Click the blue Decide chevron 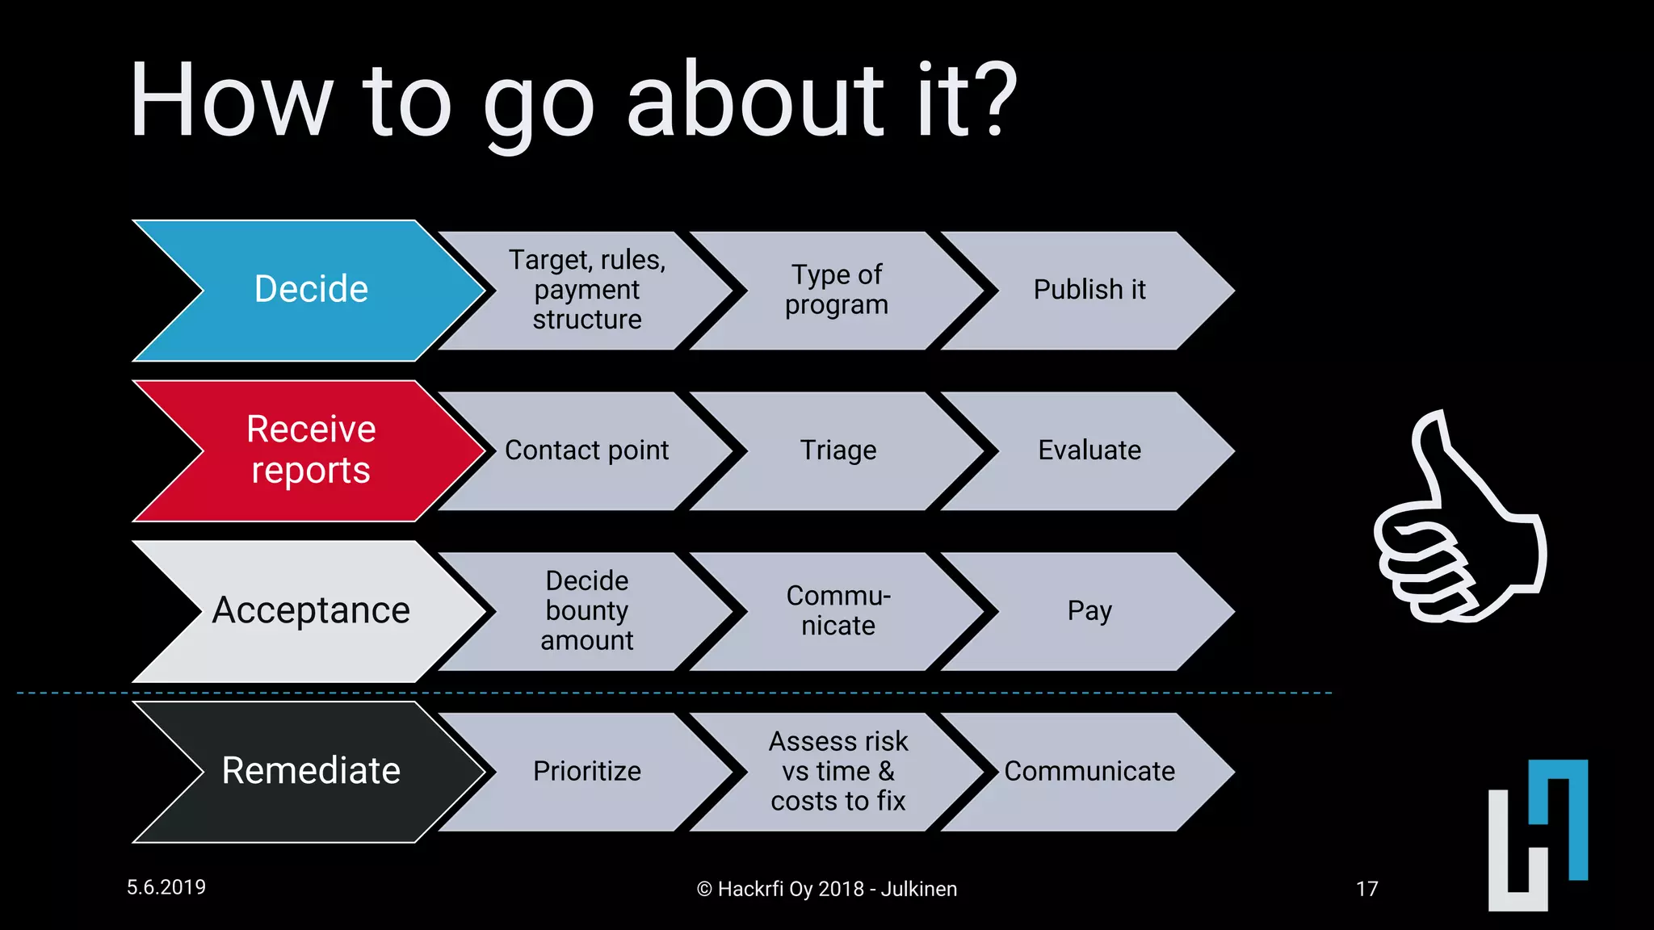pos(311,289)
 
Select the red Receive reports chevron pos(311,450)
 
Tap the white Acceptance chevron pos(311,610)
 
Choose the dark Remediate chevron pos(311,771)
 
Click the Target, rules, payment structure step pos(587,290)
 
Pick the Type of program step pos(837,290)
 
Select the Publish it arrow pos(1089,290)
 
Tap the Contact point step pos(587,450)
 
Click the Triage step pos(837,450)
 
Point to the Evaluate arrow pos(1089,450)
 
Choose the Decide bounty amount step pos(587,611)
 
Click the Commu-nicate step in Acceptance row pos(837,611)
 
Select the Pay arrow pos(1089,611)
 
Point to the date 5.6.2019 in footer pos(166,887)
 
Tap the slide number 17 pos(1366,889)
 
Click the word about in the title pos(756,101)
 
